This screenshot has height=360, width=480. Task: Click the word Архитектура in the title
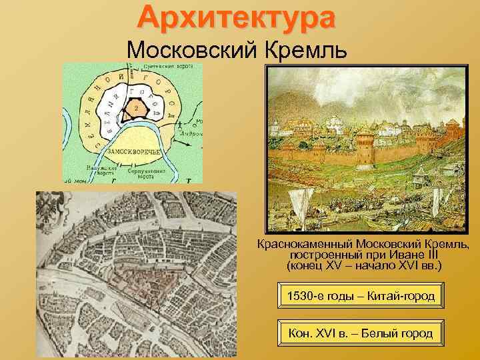click(237, 18)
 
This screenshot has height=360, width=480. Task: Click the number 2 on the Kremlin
click(135, 107)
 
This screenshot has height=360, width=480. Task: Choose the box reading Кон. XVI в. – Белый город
click(361, 333)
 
